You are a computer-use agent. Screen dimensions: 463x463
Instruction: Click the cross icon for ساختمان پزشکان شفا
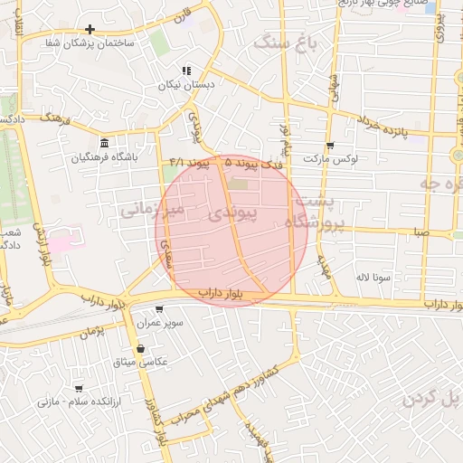click(x=90, y=29)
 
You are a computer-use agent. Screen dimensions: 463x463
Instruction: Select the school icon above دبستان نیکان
click(x=186, y=71)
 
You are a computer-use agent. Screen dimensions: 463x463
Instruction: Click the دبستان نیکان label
click(x=188, y=85)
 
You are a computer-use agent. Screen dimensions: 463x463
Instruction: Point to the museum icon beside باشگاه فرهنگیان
click(x=105, y=143)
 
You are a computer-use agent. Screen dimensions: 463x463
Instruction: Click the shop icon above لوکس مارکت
click(x=330, y=145)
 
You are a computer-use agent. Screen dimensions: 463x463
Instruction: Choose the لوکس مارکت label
click(x=330, y=158)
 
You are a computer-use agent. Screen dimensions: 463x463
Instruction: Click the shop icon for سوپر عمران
click(x=159, y=308)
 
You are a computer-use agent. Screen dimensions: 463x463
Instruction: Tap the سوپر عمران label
click(x=160, y=322)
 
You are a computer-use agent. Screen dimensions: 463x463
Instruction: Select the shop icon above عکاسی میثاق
click(x=140, y=348)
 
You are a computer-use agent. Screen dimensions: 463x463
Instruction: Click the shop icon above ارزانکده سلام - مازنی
click(x=78, y=387)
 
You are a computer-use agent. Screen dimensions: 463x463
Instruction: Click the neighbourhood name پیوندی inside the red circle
click(x=232, y=213)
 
